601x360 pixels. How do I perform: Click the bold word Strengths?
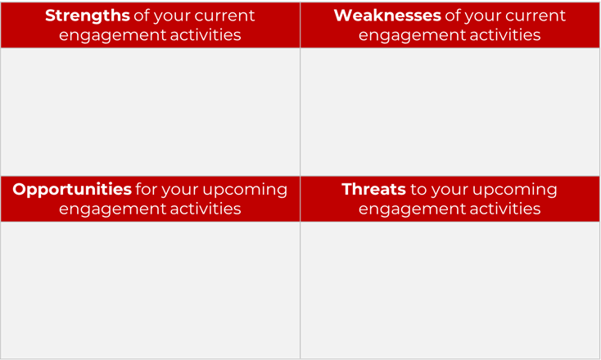click(87, 16)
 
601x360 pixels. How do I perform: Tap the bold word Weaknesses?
click(386, 16)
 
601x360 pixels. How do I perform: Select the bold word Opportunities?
click(72, 190)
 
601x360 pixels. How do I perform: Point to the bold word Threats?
click(373, 190)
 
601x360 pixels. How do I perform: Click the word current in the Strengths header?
click(223, 16)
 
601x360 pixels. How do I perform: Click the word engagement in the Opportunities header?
click(108, 209)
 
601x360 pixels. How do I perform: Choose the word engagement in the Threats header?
click(408, 209)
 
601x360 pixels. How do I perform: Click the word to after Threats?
click(418, 190)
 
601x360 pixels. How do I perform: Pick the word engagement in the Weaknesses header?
click(408, 35)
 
